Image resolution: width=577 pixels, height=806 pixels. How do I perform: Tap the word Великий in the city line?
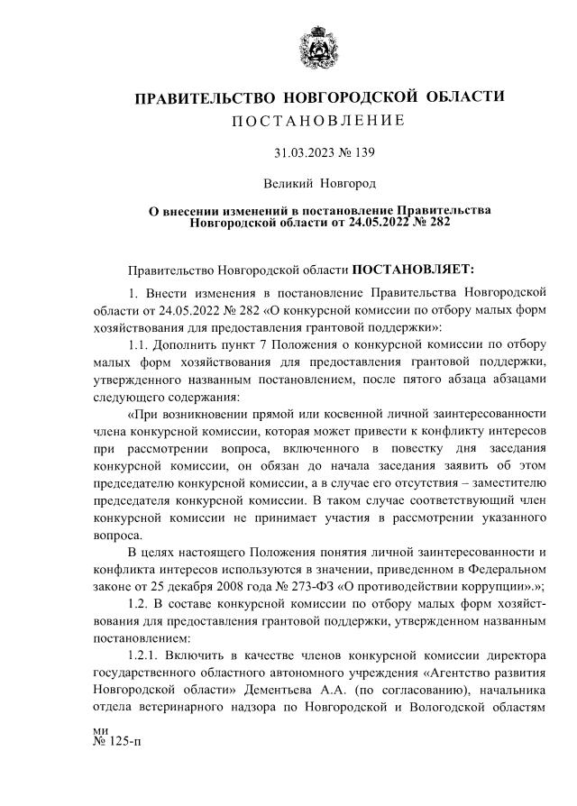coord(288,184)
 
